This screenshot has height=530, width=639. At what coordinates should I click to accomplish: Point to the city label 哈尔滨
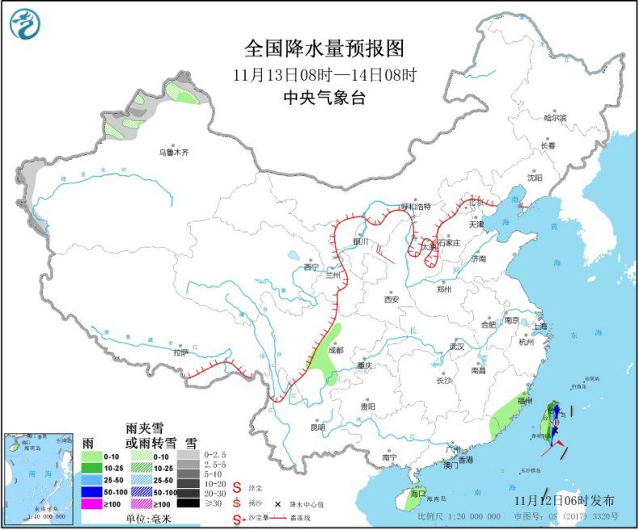[555, 118]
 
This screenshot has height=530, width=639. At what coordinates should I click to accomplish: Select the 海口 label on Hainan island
[417, 493]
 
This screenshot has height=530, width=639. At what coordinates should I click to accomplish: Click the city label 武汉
[458, 347]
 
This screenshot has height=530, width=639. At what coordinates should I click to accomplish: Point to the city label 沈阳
[535, 177]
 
